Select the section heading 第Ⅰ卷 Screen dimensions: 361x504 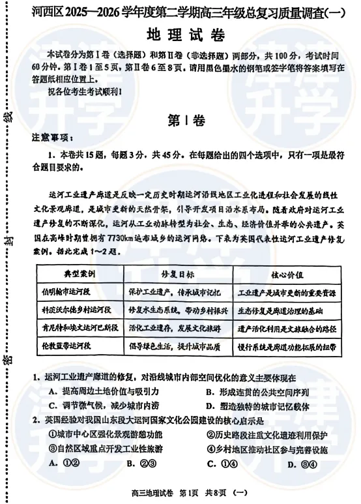(x=186, y=119)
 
